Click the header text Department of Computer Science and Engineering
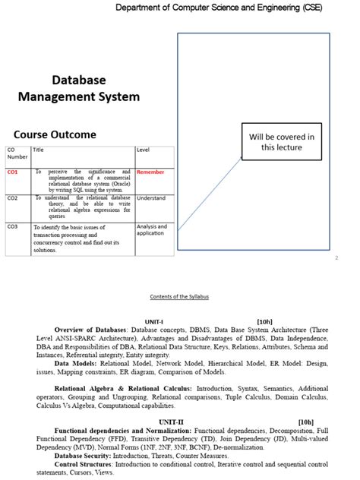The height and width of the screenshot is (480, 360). pos(227,7)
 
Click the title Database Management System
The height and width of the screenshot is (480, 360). pos(79,88)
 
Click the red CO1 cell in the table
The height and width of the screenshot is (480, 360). pos(13,172)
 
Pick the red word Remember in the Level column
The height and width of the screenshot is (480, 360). pos(150,172)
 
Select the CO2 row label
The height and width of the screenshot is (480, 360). pos(13,198)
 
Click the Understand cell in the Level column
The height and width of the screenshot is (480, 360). pos(150,198)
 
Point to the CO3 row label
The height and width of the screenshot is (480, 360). pos(13,226)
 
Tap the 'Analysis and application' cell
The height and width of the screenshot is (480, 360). pos(150,229)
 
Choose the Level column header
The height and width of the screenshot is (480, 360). pos(144,150)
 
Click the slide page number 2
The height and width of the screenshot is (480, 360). pos(336,258)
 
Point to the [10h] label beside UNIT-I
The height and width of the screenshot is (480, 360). pos(269,321)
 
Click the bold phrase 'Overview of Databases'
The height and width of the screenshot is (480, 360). pos(90,330)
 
